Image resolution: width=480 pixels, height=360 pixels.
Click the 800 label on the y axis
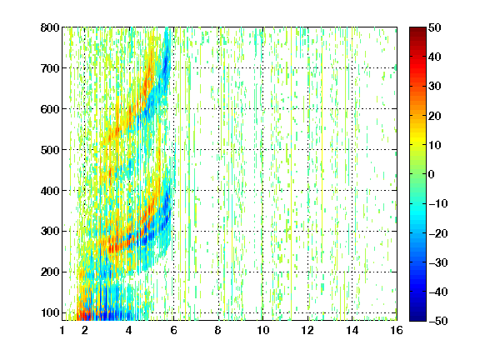pos(50,27)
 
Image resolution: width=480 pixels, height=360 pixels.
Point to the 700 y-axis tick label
pos(50,68)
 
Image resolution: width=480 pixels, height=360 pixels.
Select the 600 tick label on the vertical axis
pos(50,109)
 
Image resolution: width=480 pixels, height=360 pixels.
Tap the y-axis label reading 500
pos(50,150)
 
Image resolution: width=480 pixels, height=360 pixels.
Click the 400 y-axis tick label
pos(50,191)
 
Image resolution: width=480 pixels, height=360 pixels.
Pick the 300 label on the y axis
pos(50,231)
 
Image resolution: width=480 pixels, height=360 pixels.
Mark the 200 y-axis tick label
pos(50,272)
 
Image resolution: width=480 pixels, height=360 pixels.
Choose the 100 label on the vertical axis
pos(50,312)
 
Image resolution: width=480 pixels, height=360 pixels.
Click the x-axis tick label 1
pos(62,330)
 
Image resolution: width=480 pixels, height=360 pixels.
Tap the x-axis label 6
pos(173,330)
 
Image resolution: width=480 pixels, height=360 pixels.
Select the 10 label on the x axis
pos(263,330)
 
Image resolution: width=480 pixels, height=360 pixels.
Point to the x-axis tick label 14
pos(352,330)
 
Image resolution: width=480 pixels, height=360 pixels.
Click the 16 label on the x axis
pos(397,330)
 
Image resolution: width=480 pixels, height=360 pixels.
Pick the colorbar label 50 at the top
pos(435,27)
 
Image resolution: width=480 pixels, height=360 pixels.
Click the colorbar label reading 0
pos(432,174)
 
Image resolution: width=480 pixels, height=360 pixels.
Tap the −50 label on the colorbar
pos(438,321)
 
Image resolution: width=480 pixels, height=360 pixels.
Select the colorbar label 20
pos(435,116)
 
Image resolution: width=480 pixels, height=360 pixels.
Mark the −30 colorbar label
pos(438,262)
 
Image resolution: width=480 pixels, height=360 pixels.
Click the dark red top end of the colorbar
pos(417,30)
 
